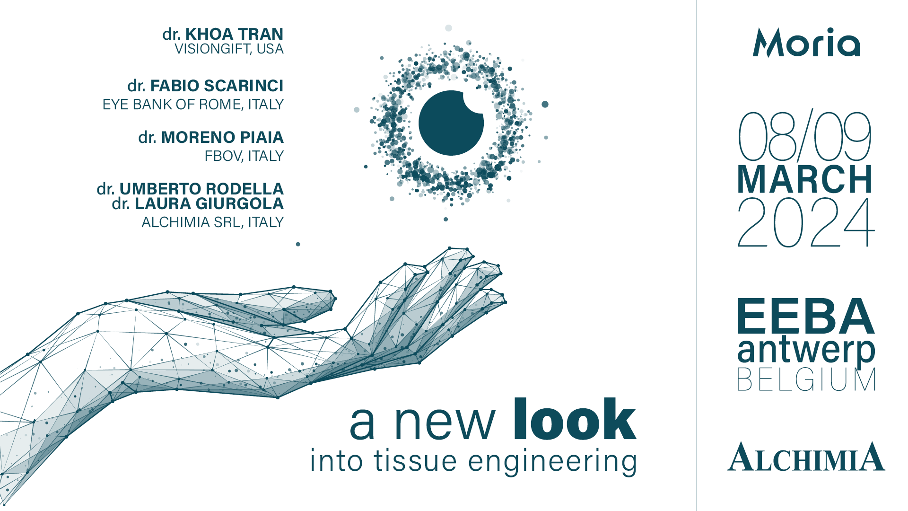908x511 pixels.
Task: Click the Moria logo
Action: [x=806, y=43]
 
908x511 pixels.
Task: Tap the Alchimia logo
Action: [x=806, y=457]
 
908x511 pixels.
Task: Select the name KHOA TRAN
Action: [x=234, y=34]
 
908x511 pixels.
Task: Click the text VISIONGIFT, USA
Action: [x=229, y=49]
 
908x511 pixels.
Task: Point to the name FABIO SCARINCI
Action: [x=217, y=86]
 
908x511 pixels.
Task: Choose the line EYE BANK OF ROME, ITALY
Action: [x=193, y=104]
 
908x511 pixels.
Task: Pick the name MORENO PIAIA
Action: [x=222, y=137]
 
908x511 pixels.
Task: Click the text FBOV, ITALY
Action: [x=244, y=156]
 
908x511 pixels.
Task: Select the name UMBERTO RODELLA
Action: [x=201, y=189]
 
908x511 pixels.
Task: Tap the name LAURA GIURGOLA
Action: [x=209, y=203]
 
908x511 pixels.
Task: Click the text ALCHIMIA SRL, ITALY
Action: [x=212, y=222]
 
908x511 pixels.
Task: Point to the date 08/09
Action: [x=805, y=136]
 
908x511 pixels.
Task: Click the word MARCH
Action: [x=805, y=179]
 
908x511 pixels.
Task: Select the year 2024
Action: [x=806, y=222]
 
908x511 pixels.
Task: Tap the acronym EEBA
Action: [x=806, y=316]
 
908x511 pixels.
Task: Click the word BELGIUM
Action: [x=806, y=379]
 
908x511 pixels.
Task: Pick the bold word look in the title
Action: [x=575, y=419]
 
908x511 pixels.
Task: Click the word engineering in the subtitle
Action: [x=552, y=462]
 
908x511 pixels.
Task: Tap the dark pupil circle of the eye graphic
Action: [x=451, y=123]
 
